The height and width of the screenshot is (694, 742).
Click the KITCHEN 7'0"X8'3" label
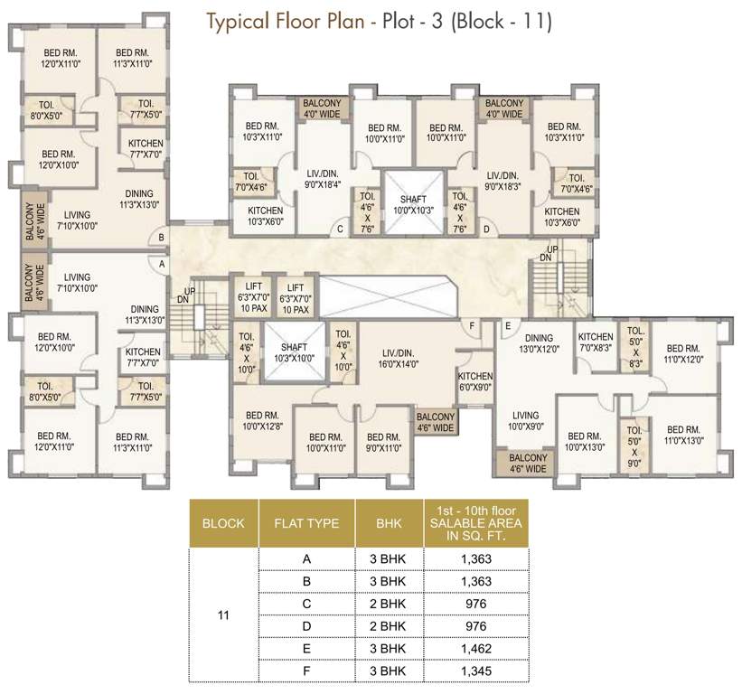[596, 342]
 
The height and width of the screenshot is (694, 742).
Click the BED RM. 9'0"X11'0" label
[383, 441]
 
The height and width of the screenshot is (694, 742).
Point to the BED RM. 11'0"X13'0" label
[682, 435]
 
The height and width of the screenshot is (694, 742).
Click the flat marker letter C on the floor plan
[340, 229]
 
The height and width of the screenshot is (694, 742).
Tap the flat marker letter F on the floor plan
[472, 325]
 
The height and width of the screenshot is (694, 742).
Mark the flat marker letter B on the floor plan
[161, 238]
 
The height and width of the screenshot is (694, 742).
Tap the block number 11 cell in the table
[223, 615]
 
